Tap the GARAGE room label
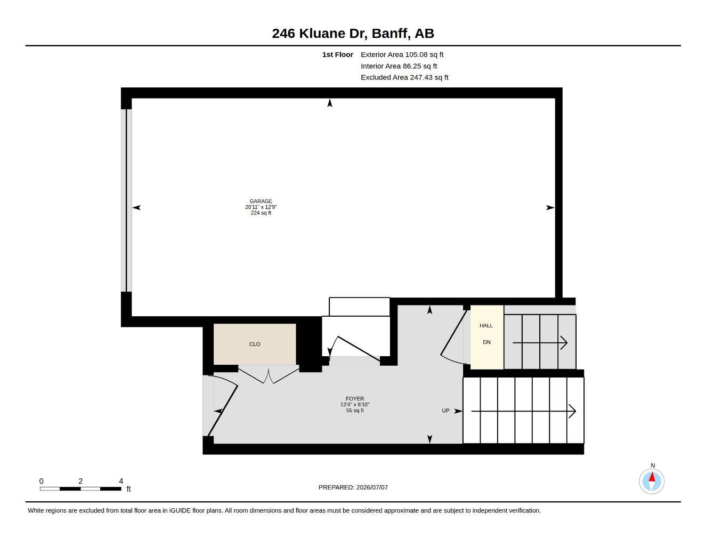(261, 201)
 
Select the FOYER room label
(355, 399)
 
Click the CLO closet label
(255, 344)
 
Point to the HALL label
(486, 326)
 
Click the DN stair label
(486, 342)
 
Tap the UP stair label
(445, 411)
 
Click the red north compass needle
(652, 477)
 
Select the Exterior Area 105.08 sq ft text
(402, 54)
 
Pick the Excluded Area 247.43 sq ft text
(404, 77)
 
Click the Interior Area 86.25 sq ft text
(399, 66)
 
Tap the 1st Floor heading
(338, 54)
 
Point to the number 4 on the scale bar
(121, 481)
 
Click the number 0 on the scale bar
(41, 481)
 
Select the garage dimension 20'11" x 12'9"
(261, 207)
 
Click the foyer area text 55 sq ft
(355, 411)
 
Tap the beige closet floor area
(255, 344)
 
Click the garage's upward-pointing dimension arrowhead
(330, 103)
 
